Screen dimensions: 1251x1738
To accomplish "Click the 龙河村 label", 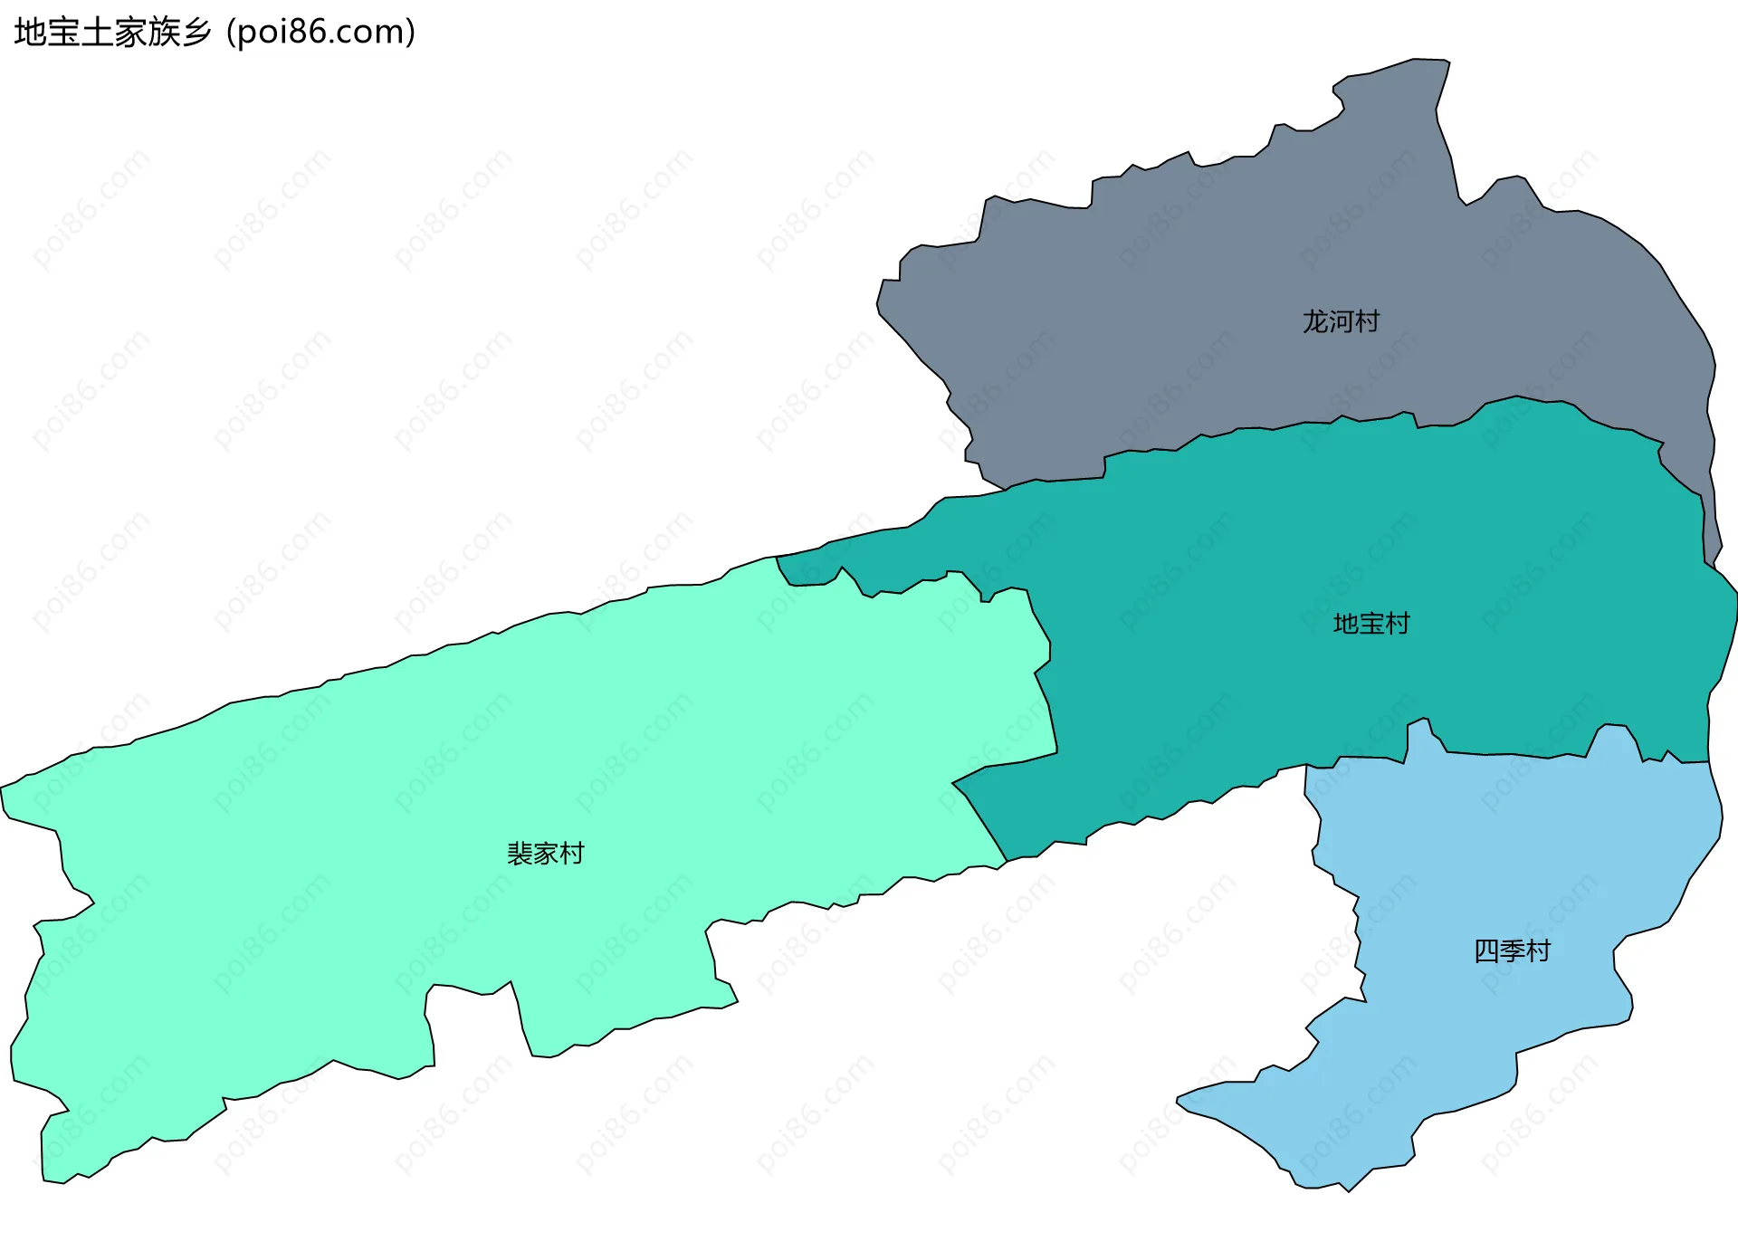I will pyautogui.click(x=1341, y=321).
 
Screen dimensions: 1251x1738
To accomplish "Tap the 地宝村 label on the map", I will pyautogui.click(x=1371, y=624).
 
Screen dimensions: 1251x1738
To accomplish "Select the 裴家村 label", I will pyautogui.click(x=545, y=854).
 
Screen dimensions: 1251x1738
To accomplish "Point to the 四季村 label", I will pyautogui.click(x=1512, y=951).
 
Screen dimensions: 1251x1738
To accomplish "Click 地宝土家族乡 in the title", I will pyautogui.click(x=113, y=33).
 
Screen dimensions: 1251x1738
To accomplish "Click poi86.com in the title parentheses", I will pyautogui.click(x=320, y=33).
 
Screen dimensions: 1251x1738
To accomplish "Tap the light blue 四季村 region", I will pyautogui.click(x=1494, y=860).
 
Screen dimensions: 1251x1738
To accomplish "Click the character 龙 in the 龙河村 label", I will pyautogui.click(x=1315, y=321).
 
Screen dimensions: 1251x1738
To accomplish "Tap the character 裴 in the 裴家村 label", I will pyautogui.click(x=520, y=854).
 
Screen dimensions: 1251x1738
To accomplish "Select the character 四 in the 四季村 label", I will pyautogui.click(x=1486, y=951).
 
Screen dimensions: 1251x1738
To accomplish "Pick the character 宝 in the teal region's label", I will pyautogui.click(x=1371, y=624).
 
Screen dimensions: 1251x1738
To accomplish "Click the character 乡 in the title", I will pyautogui.click(x=196, y=33).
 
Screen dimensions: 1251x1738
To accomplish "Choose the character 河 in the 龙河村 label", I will pyautogui.click(x=1341, y=321).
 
